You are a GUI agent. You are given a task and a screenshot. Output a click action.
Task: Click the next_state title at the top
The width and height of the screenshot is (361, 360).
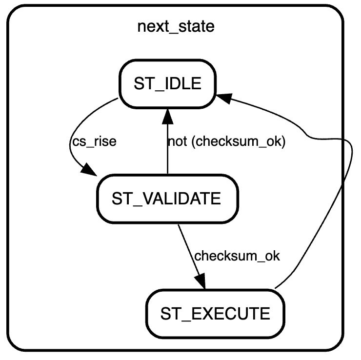[176, 26]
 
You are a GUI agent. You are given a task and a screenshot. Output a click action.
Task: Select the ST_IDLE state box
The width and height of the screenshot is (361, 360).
[167, 83]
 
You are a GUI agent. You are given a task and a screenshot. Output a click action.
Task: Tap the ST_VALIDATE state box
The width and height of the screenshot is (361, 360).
[167, 199]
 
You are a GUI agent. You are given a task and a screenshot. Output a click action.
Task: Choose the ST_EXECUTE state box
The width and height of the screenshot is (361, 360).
[215, 313]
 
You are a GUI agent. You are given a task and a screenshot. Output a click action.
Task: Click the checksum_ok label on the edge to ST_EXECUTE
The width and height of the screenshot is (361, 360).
[237, 256]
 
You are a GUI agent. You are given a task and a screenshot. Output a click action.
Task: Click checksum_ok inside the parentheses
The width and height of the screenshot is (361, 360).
[235, 142]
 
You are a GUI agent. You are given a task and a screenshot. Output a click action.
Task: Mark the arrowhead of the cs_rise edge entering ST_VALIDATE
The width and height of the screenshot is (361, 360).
[88, 171]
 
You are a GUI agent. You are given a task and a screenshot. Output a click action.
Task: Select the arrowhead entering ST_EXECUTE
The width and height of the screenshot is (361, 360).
[202, 282]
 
